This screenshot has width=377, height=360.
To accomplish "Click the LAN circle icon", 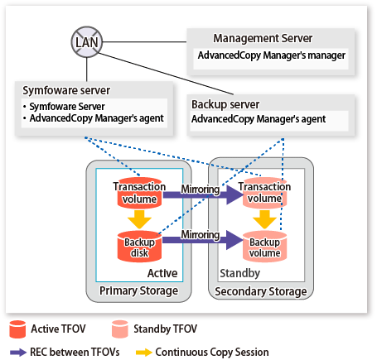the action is tap(87, 42).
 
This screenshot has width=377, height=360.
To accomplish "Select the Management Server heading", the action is tap(263, 38).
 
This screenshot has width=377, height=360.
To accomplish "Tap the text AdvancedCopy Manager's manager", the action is tap(272, 55).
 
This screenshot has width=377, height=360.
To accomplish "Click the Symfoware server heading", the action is tap(66, 90).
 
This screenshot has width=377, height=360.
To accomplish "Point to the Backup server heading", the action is tap(225, 104).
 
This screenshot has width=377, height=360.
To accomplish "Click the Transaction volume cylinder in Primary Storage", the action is tap(139, 193).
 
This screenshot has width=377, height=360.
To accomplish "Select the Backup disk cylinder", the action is tap(139, 247).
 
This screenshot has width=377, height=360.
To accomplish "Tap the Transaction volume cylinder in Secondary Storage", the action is tap(264, 193).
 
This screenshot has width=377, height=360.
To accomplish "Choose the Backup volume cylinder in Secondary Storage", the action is tap(264, 247).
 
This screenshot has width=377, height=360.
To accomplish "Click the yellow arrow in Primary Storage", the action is tap(139, 219).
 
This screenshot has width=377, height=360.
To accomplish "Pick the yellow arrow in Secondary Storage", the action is tap(264, 219).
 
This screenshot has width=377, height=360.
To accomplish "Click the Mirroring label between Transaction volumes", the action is tap(201, 190).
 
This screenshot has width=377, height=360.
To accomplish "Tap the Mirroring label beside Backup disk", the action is tap(201, 235).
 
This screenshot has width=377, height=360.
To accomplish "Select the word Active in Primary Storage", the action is tap(162, 273).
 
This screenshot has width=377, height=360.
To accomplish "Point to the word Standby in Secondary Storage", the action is tap(240, 273).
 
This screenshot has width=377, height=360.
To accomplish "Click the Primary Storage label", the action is tap(138, 290).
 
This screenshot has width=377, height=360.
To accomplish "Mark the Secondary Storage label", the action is tap(261, 291).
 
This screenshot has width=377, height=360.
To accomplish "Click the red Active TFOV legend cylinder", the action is tap(17, 329).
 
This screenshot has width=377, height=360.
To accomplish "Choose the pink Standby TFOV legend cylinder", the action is tap(120, 329).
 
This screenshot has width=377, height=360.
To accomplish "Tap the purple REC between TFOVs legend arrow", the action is tap(18, 353).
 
